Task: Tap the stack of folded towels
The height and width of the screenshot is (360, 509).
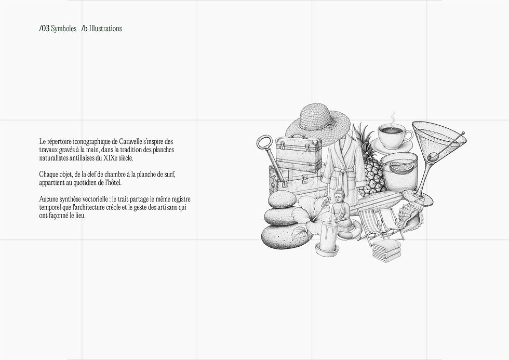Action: coord(387,250)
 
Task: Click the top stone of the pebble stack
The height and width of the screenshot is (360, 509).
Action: coord(282,199)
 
